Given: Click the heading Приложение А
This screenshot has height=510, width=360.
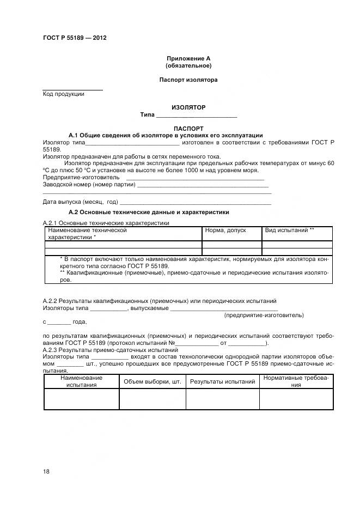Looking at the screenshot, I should click(188, 58).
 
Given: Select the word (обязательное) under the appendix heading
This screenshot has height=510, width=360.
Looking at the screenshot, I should click(188, 65).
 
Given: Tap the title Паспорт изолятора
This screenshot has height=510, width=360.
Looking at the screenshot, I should click(188, 80).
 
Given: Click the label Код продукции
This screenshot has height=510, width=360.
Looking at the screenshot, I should click(63, 94).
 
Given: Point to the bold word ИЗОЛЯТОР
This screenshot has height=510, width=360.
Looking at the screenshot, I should click(188, 107).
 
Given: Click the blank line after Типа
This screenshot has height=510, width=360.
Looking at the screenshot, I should click(196, 116).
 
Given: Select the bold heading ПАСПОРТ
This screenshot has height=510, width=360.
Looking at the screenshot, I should click(188, 129).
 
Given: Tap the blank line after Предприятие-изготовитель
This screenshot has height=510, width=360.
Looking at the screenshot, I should click(194, 178).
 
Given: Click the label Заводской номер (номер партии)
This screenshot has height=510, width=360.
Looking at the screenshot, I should click(89, 185).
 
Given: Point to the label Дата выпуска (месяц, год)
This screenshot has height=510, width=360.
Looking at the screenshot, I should click(81, 202).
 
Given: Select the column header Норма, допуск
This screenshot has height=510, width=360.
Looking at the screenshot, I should click(225, 230).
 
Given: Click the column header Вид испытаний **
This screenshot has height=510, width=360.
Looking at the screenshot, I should click(289, 230).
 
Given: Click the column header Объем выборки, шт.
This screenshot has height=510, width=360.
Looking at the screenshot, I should click(152, 381).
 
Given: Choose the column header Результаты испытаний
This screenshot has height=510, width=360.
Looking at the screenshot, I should click(222, 381).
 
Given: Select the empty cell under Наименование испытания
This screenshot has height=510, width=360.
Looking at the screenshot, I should click(81, 399).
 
